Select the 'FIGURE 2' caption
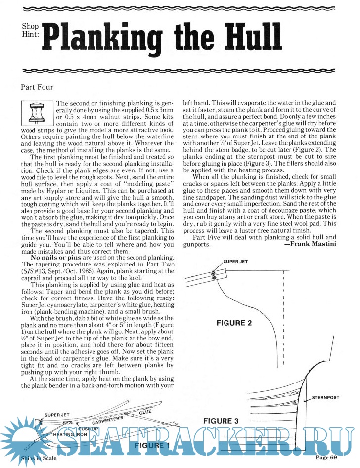point(235,323)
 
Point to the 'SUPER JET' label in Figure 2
point(236,261)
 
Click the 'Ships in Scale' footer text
point(37,459)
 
